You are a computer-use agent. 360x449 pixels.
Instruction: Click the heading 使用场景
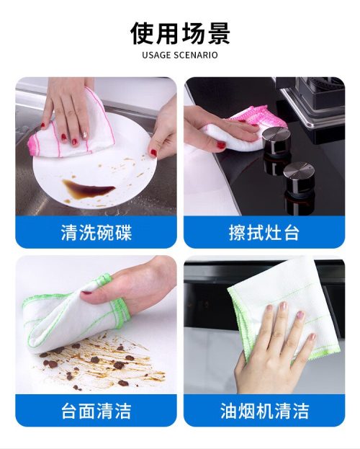180,33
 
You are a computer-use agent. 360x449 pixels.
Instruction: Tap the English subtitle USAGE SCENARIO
180,55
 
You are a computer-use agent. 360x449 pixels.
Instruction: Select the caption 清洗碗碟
96,232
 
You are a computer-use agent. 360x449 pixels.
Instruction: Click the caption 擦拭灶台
264,232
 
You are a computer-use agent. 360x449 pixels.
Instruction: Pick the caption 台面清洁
96,411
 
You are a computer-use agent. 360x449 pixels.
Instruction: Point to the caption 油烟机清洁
264,411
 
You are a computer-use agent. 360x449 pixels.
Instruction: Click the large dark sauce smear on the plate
88,187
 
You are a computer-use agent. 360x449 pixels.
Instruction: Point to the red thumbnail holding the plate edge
153,153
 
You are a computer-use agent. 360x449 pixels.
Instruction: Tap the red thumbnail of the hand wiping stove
221,145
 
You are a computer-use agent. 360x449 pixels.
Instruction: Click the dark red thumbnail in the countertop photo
86,293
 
